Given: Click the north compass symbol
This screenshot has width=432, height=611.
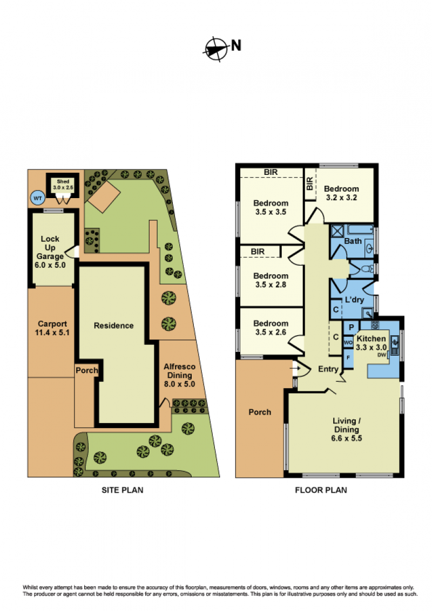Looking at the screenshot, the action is tap(215, 49).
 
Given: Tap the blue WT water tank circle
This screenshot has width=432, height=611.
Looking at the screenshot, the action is tap(37, 198).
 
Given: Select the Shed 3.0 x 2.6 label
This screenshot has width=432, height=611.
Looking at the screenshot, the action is tap(63, 184).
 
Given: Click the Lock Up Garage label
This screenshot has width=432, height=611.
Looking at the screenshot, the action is tap(50, 252).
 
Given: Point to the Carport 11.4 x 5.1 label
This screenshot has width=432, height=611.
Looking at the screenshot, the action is tap(52, 328).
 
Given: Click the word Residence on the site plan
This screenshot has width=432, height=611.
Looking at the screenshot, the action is tap(113, 325).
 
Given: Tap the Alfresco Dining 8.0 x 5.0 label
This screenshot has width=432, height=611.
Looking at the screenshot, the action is tap(179, 375).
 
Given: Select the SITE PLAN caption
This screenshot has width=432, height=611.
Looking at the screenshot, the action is tap(123, 490).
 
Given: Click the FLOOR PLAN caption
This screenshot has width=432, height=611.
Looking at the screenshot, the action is tap(321, 490).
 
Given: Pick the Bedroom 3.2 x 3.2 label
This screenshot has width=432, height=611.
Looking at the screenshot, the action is tap(341, 193).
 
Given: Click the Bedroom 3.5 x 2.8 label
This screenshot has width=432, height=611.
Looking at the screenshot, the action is tap(271, 280).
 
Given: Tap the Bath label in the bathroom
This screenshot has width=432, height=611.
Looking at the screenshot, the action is tap(353, 241).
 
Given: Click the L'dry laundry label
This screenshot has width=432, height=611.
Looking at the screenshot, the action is tap(354, 300).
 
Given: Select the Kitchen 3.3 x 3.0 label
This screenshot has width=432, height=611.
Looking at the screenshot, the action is tap(371, 343).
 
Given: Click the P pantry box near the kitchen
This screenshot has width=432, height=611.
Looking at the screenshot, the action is tap(352, 328).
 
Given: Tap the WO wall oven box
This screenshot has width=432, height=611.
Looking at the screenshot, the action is tap(348, 343).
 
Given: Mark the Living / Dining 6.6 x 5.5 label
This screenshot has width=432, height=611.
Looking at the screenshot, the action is tap(347, 430).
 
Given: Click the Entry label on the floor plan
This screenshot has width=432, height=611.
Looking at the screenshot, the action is tap(328, 369).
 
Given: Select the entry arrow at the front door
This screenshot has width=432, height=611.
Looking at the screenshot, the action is tap(295, 368).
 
